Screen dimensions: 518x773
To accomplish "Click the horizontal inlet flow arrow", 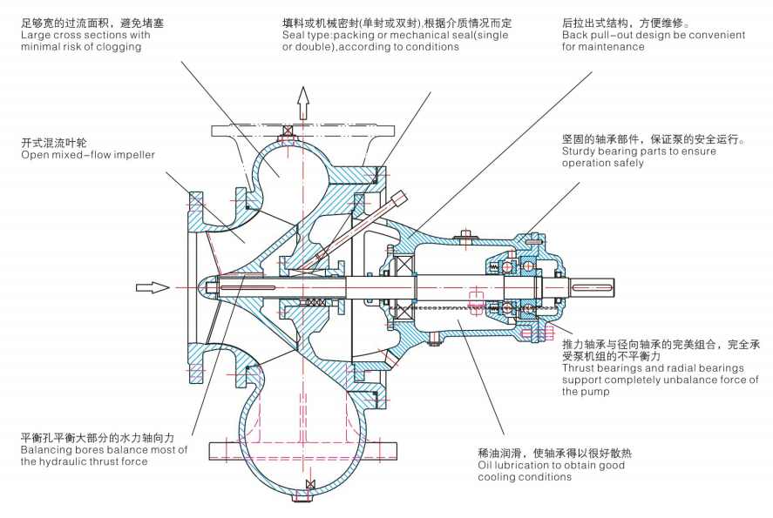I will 152,287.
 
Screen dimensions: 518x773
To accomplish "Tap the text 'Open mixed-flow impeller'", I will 88,155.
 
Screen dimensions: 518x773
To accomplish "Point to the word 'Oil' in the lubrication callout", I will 485,465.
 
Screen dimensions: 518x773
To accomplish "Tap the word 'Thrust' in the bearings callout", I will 580,368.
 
